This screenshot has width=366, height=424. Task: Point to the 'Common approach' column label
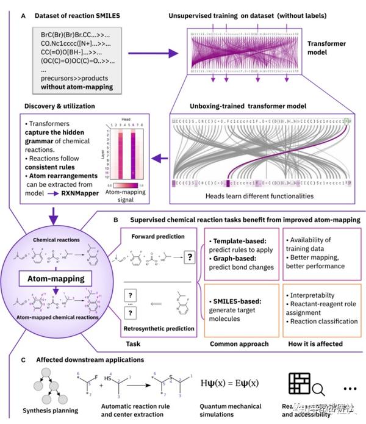[239, 343]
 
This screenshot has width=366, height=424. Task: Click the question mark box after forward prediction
[190, 258]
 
